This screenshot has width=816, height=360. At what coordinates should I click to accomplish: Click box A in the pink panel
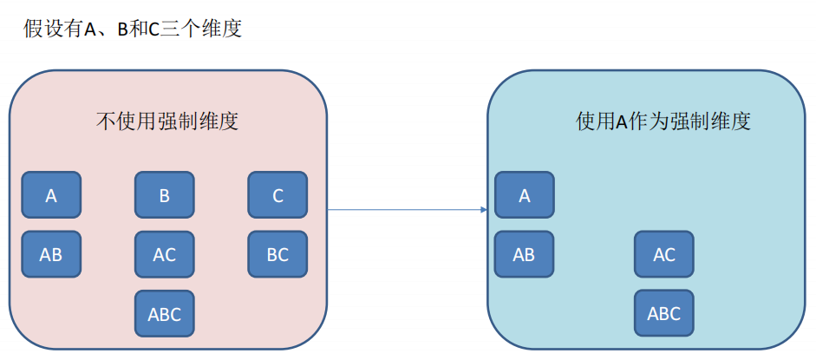[51, 195]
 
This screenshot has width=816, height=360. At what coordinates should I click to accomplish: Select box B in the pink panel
[164, 195]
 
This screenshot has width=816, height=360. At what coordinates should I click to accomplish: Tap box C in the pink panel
[277, 195]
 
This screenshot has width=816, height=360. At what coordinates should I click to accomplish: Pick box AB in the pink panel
[51, 254]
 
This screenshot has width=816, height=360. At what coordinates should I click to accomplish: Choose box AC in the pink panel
[164, 254]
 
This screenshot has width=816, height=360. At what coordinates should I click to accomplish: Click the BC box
[277, 254]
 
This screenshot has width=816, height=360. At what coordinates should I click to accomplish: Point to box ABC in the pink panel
[164, 313]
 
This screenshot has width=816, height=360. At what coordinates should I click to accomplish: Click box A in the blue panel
[524, 195]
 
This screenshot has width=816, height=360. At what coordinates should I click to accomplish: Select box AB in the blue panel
[524, 254]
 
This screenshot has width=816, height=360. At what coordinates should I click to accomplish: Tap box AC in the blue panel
[663, 254]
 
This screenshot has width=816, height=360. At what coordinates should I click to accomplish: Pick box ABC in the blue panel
[663, 313]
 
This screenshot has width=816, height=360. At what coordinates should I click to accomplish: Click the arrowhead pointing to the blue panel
[482, 209]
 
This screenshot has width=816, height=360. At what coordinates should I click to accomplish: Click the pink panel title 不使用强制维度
[166, 121]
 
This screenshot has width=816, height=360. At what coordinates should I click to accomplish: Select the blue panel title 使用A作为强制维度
[663, 121]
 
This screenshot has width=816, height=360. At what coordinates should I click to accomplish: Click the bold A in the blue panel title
[621, 121]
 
